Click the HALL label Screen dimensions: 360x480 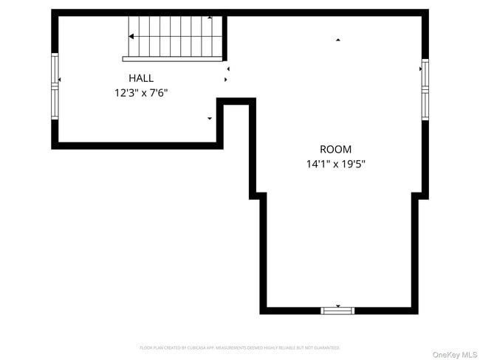pyautogui.click(x=141, y=77)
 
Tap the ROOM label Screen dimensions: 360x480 pyautogui.click(x=335, y=149)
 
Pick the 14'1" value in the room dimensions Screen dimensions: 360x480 pyautogui.click(x=318, y=165)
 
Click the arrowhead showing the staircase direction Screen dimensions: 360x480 pyautogui.click(x=131, y=35)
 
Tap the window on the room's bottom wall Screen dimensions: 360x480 pyautogui.click(x=337, y=311)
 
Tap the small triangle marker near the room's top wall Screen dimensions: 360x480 pyautogui.click(x=338, y=40)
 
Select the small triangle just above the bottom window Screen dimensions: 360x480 pyautogui.click(x=337, y=305)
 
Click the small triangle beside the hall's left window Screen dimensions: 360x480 pyautogui.click(x=59, y=79)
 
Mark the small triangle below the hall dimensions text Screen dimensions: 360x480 pyautogui.click(x=210, y=118)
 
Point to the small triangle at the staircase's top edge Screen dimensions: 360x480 pyautogui.click(x=210, y=17)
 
